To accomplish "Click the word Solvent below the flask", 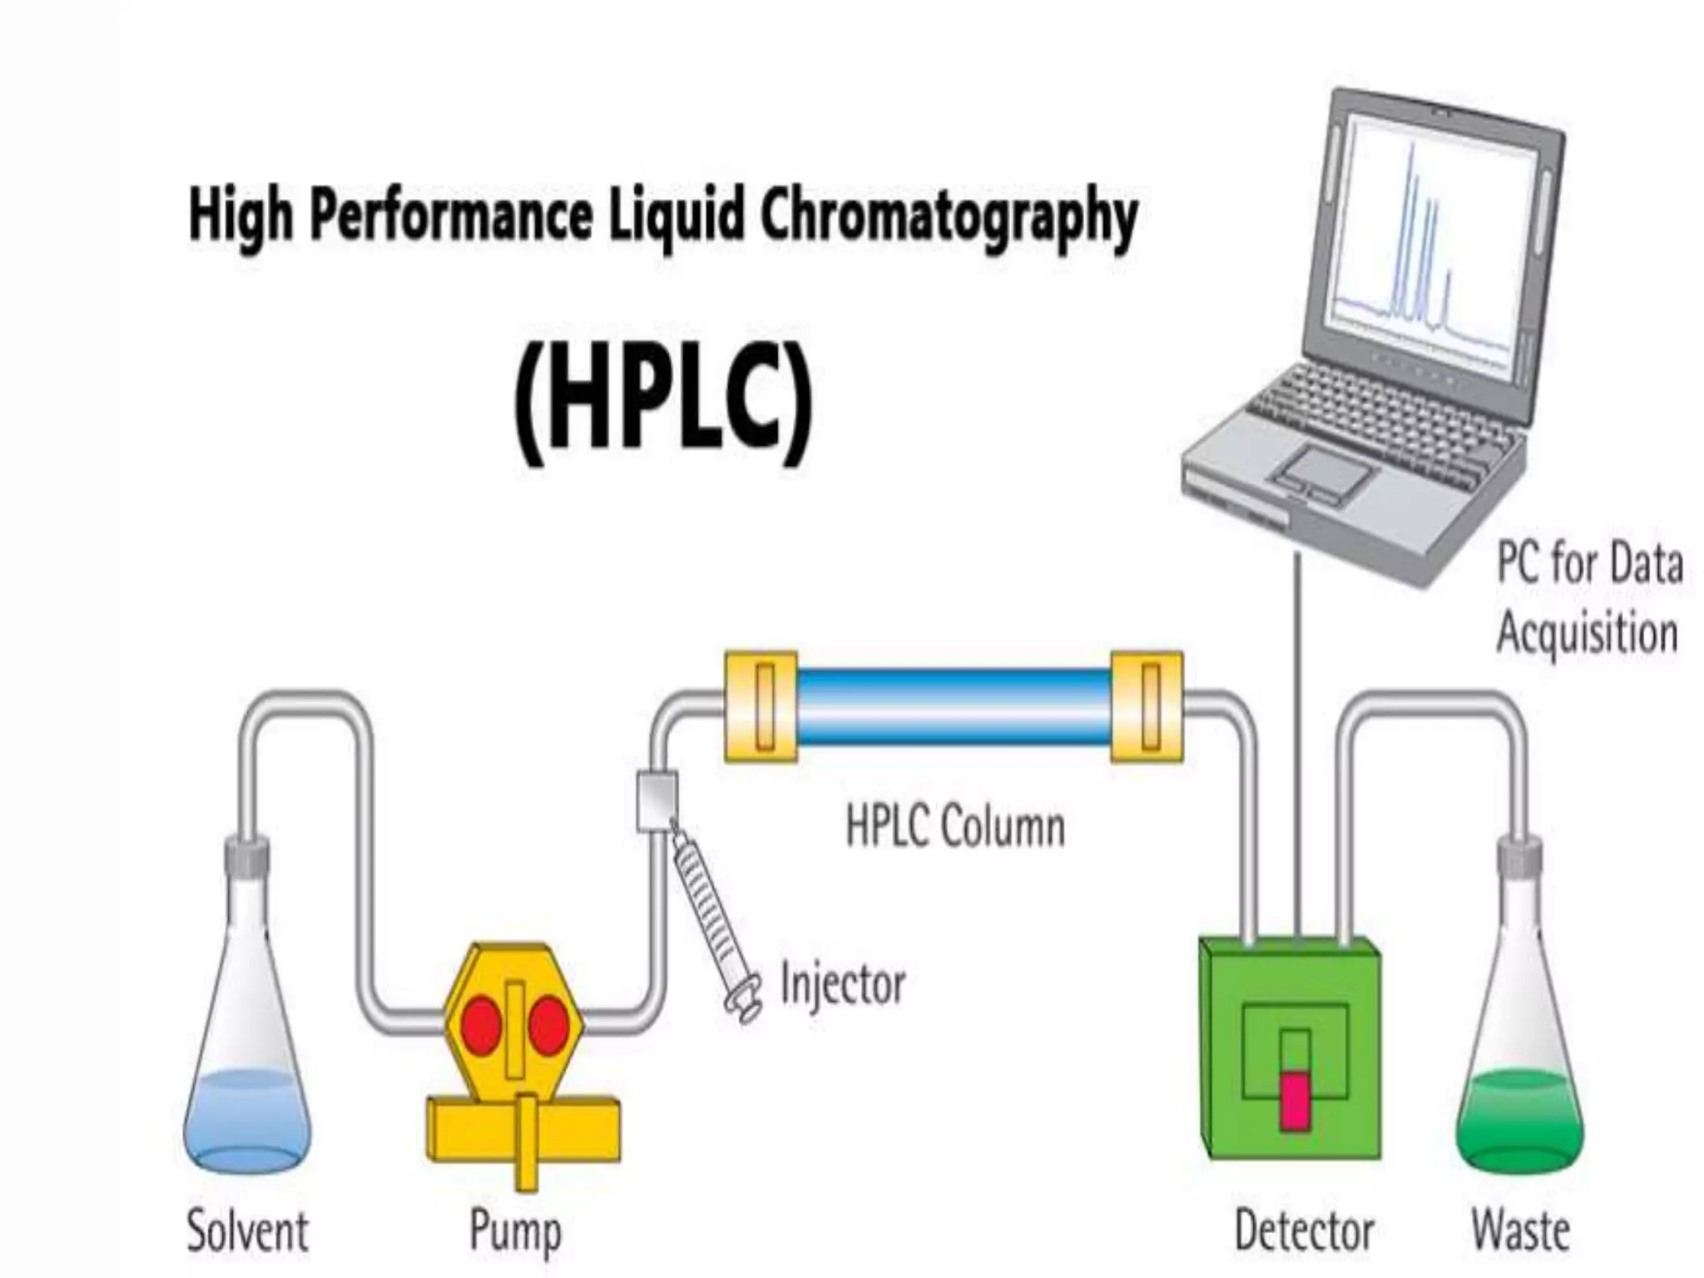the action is pos(247,1231).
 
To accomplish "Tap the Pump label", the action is pos(515,1232).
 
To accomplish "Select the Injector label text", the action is pos(842,985).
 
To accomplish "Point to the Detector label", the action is pos(1304,1231).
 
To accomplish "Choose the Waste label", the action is pos(1520,1231).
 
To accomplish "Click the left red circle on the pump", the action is pos(481,1025).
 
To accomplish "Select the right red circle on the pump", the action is pos(549,1025).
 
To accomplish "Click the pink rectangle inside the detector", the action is pos(1293,1101).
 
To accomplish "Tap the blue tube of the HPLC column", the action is pos(954,706).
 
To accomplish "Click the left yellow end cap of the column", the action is pos(760,706).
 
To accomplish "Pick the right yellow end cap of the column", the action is pos(1147,706).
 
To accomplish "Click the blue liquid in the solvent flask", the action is pos(246,1119).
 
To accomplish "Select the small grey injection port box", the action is pos(656,800).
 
